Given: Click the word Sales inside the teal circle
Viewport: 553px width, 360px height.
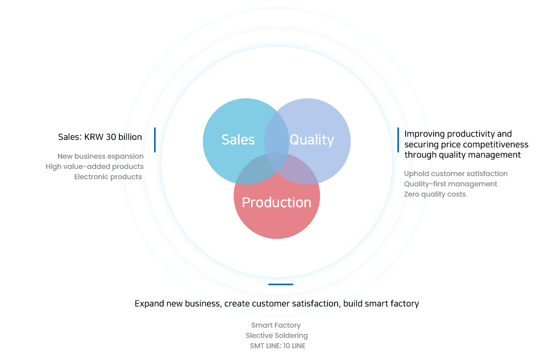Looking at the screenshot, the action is click(x=238, y=140).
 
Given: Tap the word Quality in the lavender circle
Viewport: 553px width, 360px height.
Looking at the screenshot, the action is click(x=312, y=140).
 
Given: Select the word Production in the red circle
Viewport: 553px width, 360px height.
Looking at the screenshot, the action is click(x=276, y=202).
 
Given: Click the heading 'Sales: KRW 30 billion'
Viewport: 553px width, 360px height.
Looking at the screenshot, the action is click(x=100, y=137).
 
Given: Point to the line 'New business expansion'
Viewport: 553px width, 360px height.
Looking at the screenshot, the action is click(x=100, y=156).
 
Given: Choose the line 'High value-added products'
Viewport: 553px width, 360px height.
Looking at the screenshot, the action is click(x=94, y=167).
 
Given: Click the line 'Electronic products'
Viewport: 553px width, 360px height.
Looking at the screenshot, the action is click(x=108, y=177).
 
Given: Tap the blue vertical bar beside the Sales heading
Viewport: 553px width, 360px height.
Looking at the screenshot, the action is click(x=155, y=140).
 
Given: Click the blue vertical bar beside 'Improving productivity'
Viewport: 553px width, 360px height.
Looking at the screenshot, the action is click(x=398, y=140).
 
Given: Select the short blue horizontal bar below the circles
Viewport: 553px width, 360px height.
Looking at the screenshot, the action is click(x=281, y=285).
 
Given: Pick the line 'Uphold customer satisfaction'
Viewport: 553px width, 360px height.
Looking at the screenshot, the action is click(x=456, y=174).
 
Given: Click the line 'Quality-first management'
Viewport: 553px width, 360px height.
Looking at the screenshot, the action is click(x=451, y=184).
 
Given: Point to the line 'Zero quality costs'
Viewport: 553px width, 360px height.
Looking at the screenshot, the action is click(x=435, y=195).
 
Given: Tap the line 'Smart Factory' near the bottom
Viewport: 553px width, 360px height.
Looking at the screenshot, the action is click(x=276, y=325).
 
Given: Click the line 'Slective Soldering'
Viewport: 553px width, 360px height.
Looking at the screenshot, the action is click(x=277, y=336).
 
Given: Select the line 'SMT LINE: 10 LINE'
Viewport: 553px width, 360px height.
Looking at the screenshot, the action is click(x=278, y=346).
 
